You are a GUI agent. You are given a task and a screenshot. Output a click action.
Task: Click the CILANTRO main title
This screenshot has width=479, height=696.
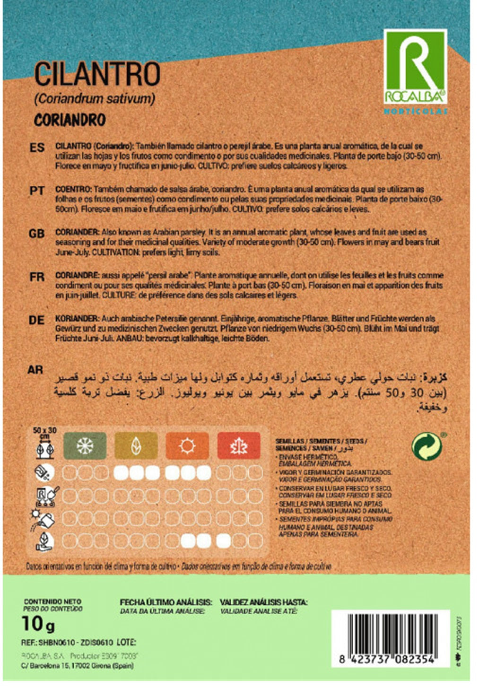click(x=97, y=75)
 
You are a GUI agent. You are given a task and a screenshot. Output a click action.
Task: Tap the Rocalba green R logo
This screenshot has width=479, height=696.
click(x=415, y=67)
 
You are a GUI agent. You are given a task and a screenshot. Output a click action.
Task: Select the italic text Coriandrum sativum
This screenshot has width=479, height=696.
click(x=95, y=99)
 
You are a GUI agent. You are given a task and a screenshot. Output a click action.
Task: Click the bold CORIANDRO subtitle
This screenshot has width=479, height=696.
click(x=70, y=120)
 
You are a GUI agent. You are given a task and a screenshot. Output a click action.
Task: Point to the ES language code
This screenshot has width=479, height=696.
click(x=37, y=148)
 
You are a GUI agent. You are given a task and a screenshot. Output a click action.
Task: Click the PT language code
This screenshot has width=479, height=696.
click(x=37, y=191)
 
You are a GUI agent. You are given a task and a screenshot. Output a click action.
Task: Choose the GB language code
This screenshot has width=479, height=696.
click(x=36, y=234)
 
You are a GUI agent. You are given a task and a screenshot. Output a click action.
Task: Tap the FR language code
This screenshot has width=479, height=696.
click(x=36, y=277)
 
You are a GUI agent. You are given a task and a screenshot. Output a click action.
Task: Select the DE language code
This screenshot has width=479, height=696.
click(x=36, y=320)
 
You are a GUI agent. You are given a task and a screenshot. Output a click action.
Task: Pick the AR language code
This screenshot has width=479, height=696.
click(x=35, y=370)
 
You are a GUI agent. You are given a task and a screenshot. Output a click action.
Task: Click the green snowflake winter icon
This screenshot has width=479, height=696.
click(x=85, y=445)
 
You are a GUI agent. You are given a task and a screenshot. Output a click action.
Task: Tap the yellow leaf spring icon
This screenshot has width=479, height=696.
click(x=136, y=445)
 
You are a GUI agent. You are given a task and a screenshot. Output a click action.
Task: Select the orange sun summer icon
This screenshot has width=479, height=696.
click(x=187, y=445)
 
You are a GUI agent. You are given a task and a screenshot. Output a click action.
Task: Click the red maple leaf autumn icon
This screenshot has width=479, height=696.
click(x=239, y=445)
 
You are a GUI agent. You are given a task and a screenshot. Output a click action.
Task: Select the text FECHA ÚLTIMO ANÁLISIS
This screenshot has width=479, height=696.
click(x=165, y=602)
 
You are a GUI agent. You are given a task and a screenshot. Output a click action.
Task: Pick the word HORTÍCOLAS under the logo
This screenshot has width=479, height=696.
click(x=415, y=112)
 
